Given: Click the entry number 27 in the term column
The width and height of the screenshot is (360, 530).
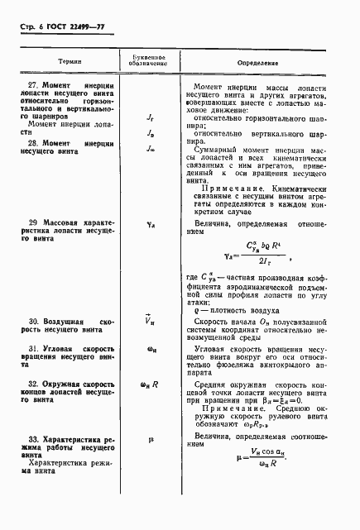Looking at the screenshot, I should point(33,87).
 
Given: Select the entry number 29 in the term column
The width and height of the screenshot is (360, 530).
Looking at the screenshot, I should point(33,222).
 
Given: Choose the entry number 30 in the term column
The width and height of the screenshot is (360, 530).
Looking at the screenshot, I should point(33,320).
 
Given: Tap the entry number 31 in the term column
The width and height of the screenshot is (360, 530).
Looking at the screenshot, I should point(33,350).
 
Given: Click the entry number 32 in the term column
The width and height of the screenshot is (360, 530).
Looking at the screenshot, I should point(33,385).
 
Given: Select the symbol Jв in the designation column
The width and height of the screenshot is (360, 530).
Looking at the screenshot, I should point(151,131).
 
